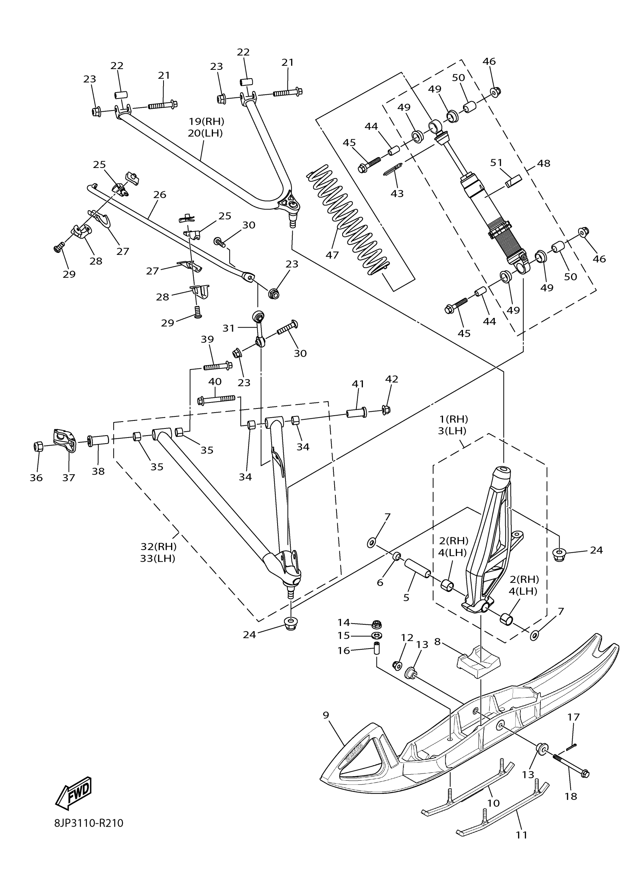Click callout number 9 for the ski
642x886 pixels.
326,715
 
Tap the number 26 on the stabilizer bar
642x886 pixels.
160,194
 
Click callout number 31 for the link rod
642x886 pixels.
228,328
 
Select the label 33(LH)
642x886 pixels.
157,558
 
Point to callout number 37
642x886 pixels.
69,478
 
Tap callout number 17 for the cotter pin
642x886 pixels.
574,717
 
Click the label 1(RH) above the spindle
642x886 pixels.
454,419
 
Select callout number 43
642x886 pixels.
397,193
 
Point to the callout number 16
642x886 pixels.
344,650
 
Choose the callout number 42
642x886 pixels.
392,379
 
